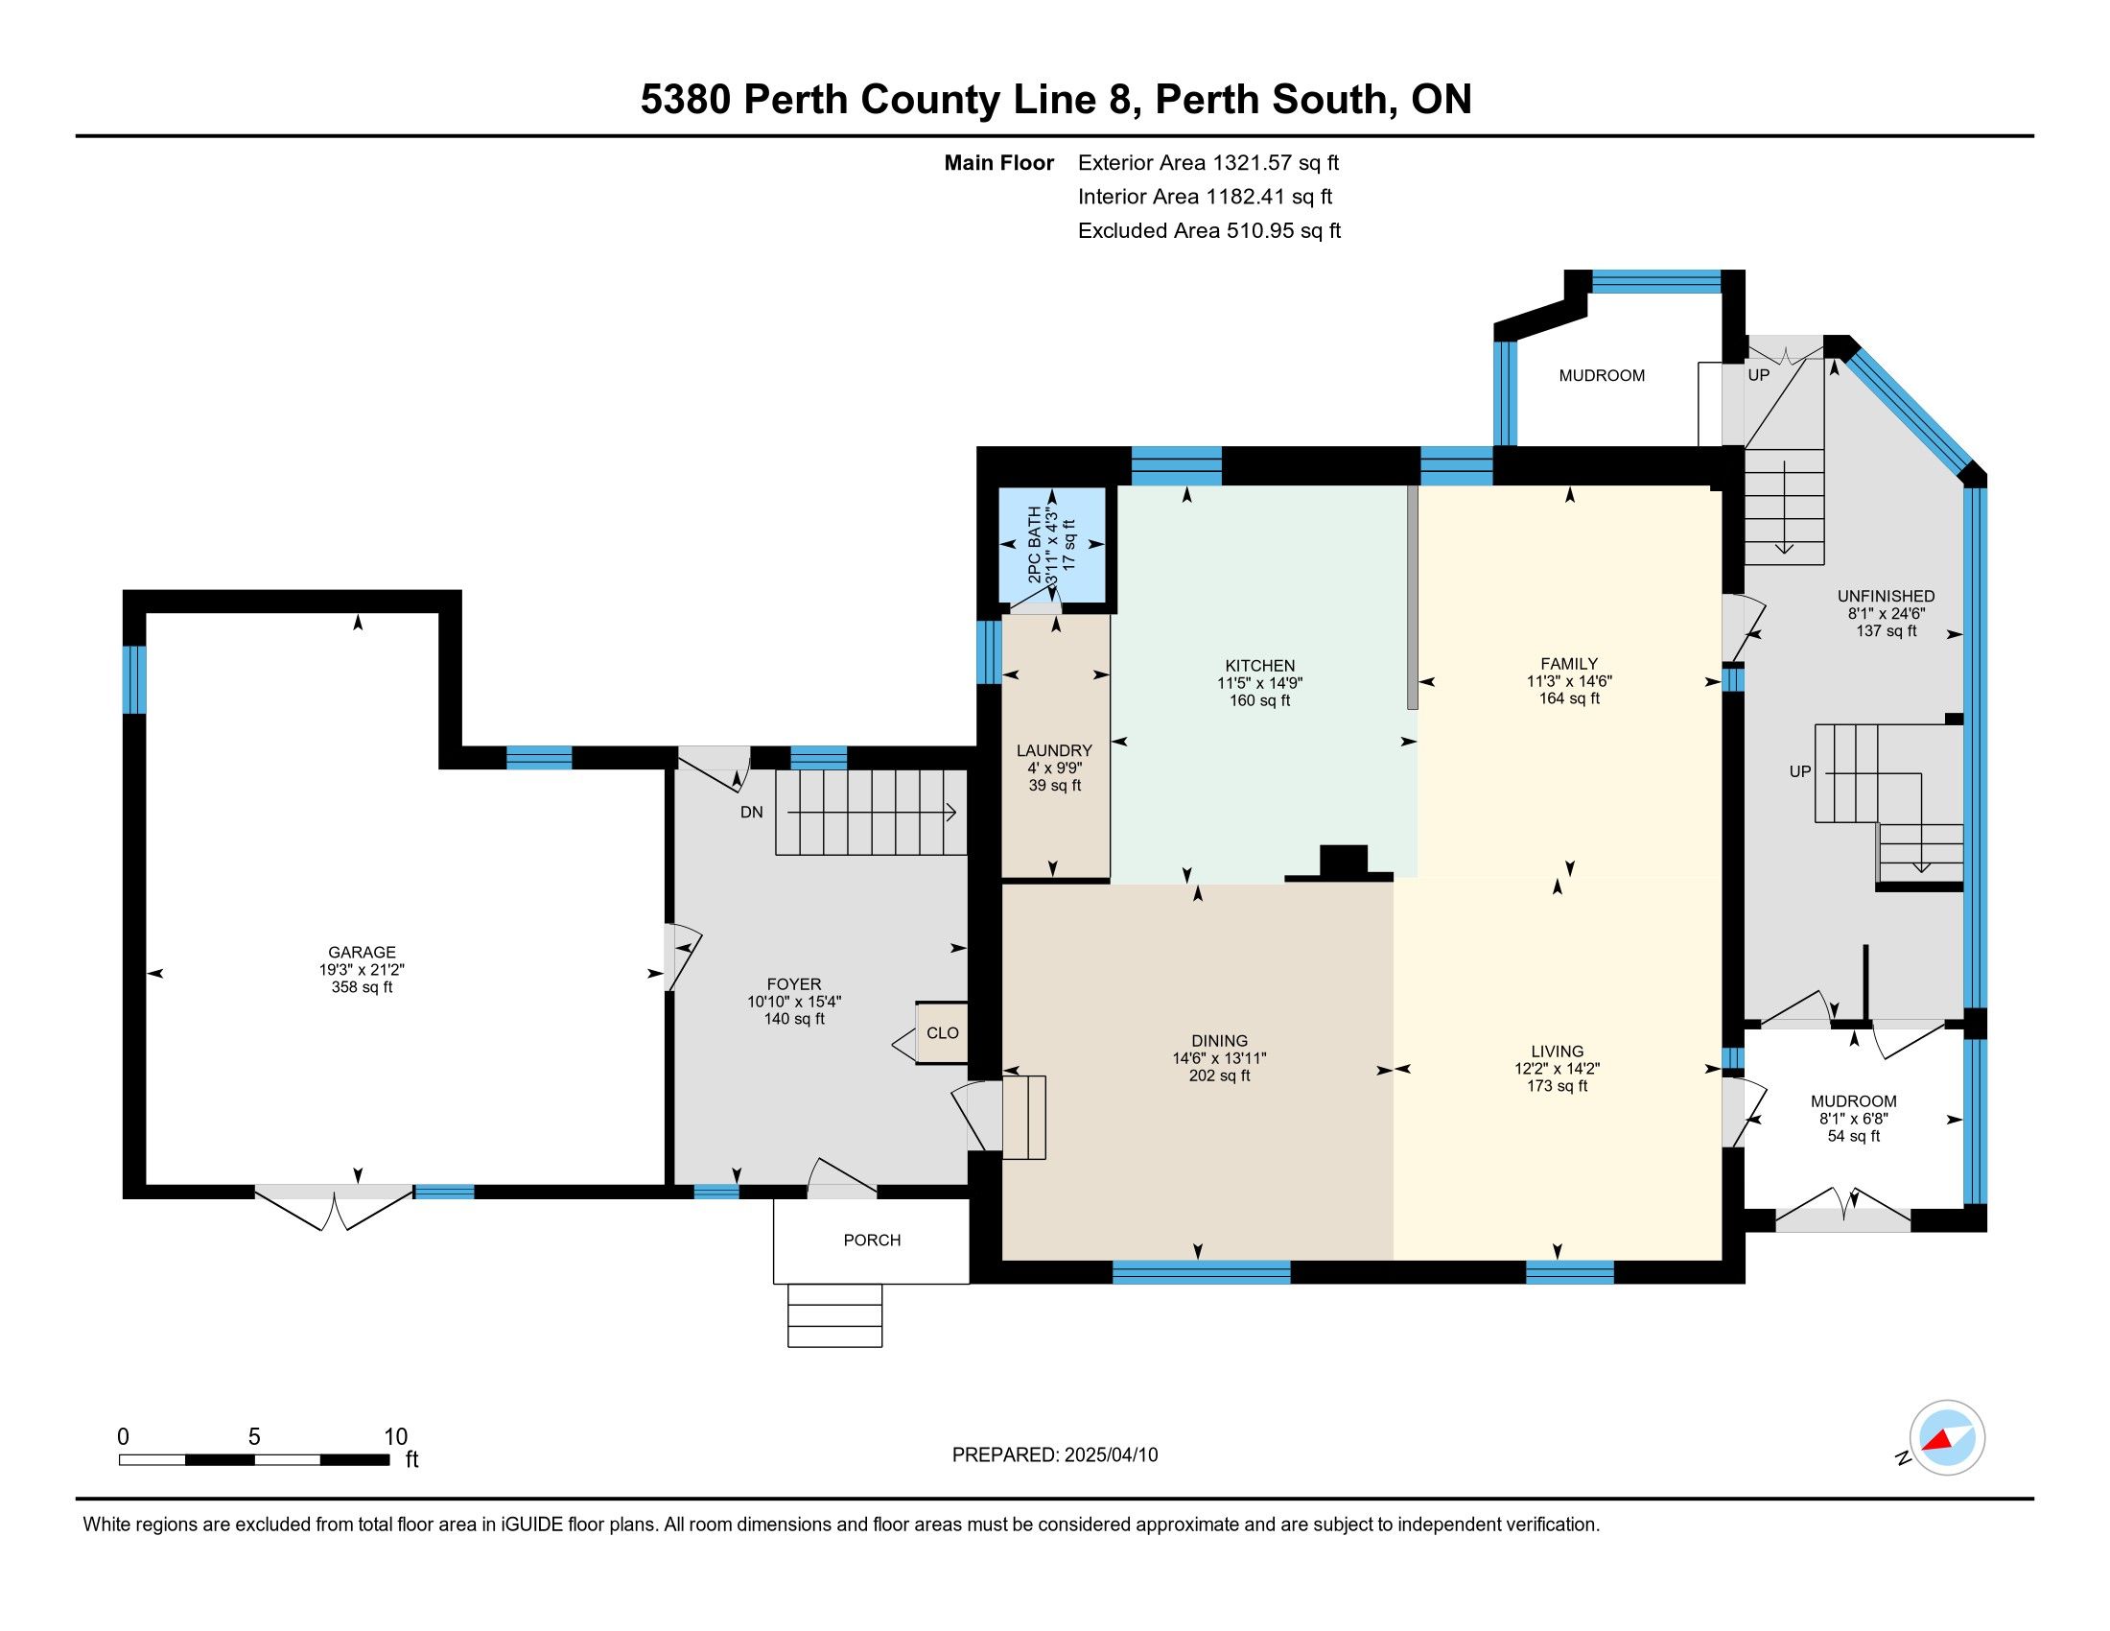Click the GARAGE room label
pyautogui.click(x=362, y=952)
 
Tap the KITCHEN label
pyautogui.click(x=1260, y=665)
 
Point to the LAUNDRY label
pyautogui.click(x=1054, y=750)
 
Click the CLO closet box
pyautogui.click(x=942, y=1033)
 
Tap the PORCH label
pyautogui.click(x=872, y=1240)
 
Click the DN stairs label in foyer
pyautogui.click(x=752, y=812)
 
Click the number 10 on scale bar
pyautogui.click(x=395, y=1436)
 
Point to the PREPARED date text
pyautogui.click(x=1055, y=1454)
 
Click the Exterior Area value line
pyautogui.click(x=1208, y=162)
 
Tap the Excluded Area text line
pyautogui.click(x=1209, y=230)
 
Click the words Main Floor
pyautogui.click(x=999, y=162)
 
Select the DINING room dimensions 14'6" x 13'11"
pyautogui.click(x=1219, y=1058)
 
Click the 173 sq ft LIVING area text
pyautogui.click(x=1558, y=1085)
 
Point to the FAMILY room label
pyautogui.click(x=1569, y=663)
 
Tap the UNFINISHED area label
pyautogui.click(x=1886, y=596)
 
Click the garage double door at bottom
pyautogui.click(x=335, y=1206)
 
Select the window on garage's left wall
pyautogui.click(x=134, y=679)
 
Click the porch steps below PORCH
pyautogui.click(x=834, y=1315)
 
